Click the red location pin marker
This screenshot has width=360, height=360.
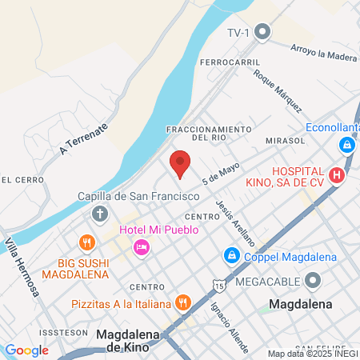click(180, 163)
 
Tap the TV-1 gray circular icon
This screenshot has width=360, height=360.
click(262, 32)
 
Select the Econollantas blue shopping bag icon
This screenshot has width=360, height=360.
click(347, 146)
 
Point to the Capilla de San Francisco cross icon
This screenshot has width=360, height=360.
click(99, 214)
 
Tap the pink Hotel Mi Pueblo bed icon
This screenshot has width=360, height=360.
click(142, 247)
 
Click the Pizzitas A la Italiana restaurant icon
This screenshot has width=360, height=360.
click(184, 303)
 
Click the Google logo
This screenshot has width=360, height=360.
click(26, 350)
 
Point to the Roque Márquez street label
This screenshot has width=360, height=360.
click(278, 90)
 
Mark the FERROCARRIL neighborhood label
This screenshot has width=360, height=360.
click(232, 62)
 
